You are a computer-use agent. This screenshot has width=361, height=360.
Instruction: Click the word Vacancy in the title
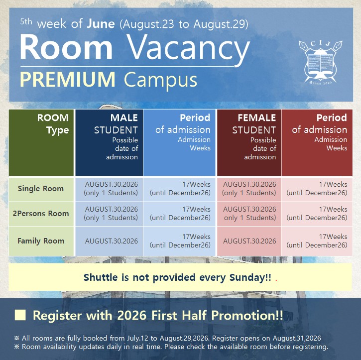(188, 49)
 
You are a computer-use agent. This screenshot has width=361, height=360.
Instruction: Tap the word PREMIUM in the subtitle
(67, 79)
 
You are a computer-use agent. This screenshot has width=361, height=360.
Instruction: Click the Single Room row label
(41, 189)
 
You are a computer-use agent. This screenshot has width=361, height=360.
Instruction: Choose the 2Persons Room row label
(41, 214)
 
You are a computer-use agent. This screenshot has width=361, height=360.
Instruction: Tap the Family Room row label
(41, 241)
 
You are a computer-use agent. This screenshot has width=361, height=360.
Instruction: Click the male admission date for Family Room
(112, 241)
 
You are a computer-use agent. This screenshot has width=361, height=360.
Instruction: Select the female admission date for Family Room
(249, 241)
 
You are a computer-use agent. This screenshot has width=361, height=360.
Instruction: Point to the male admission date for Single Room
(111, 189)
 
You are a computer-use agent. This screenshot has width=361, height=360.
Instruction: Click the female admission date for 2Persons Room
(249, 214)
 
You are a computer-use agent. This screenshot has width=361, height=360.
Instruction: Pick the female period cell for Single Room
(317, 189)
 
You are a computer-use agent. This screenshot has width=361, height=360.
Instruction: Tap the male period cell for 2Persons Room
(180, 214)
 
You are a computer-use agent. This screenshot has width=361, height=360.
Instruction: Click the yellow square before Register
(20, 315)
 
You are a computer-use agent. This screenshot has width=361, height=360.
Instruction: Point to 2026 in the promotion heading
(131, 315)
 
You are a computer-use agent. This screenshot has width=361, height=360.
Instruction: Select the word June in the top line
(101, 24)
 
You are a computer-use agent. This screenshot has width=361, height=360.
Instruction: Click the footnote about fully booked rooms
(168, 338)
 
